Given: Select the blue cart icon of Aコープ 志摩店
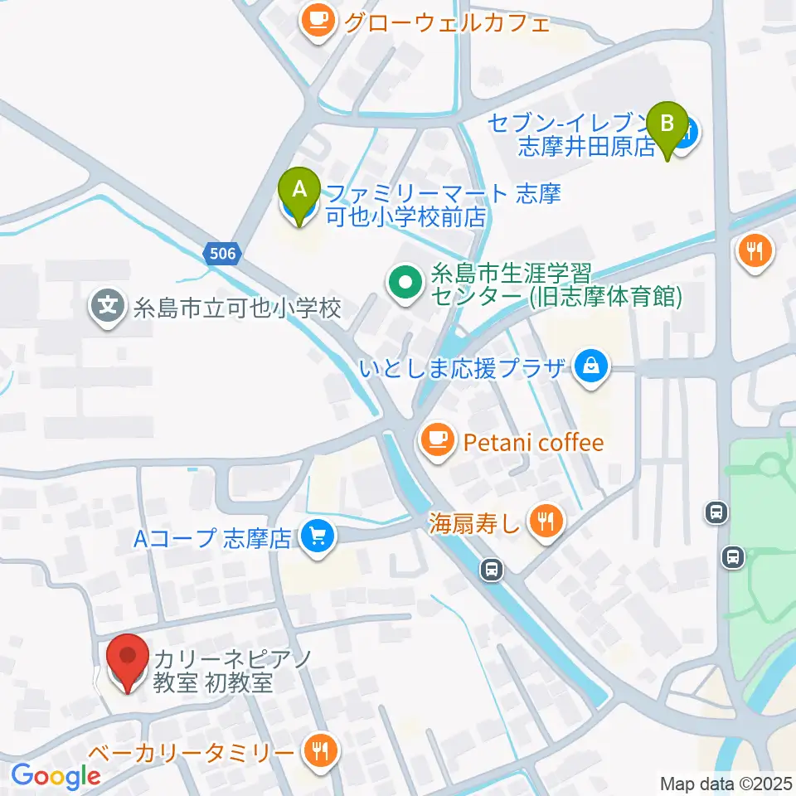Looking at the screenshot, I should (x=315, y=538).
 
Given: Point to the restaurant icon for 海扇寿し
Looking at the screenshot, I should (x=546, y=522).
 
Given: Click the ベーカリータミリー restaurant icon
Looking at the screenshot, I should (x=318, y=751).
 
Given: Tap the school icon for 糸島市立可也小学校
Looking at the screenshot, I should (x=108, y=308).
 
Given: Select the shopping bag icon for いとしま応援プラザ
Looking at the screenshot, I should (x=590, y=368).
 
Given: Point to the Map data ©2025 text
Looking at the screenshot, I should (x=725, y=783).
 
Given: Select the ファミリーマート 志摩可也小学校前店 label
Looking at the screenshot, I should (x=444, y=206).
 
